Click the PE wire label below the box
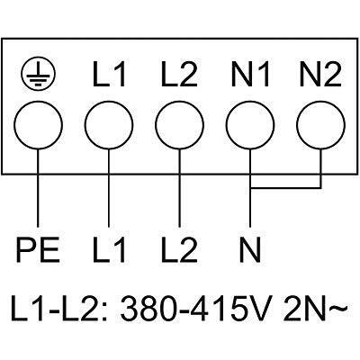click(x=38, y=250)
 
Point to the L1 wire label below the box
click(x=109, y=250)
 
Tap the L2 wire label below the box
click(x=179, y=250)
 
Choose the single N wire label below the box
click(x=250, y=250)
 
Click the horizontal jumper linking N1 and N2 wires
click(x=285, y=188)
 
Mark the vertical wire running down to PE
click(x=38, y=188)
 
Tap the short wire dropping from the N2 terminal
click(x=320, y=169)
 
